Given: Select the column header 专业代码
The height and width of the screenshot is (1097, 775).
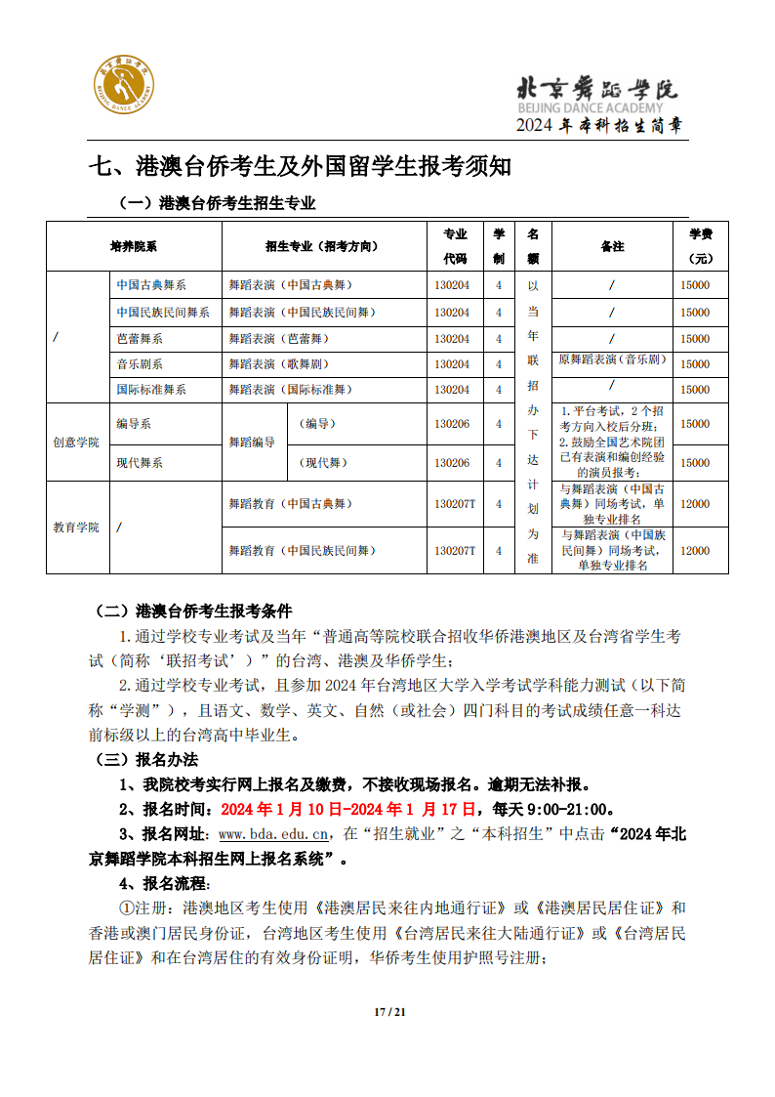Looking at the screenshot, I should tap(456, 246).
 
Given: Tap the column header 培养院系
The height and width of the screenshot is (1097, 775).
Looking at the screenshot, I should tap(134, 247).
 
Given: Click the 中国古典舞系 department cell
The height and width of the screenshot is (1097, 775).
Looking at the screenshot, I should tap(151, 285).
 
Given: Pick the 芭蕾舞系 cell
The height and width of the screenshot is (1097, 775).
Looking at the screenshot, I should tap(140, 338).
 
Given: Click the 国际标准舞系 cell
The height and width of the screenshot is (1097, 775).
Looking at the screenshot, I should tap(151, 389).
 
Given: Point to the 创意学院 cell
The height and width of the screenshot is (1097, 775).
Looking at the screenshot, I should tap(76, 442).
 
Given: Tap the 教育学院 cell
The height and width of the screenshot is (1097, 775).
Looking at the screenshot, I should tap(76, 527).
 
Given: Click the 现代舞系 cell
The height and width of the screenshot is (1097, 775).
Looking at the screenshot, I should tap(140, 462).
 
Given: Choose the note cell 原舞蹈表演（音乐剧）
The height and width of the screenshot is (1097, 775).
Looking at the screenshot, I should tap(612, 359).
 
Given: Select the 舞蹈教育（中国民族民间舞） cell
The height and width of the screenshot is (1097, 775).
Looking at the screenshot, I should tap(301, 551).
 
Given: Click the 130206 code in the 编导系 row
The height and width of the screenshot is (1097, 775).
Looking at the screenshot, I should tap(452, 424).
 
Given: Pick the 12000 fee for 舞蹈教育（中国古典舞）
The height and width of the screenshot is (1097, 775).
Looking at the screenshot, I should tap(695, 504).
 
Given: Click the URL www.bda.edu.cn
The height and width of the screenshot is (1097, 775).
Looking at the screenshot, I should tap(272, 834).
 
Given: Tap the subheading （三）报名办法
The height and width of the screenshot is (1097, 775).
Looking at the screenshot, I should tap(146, 759).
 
